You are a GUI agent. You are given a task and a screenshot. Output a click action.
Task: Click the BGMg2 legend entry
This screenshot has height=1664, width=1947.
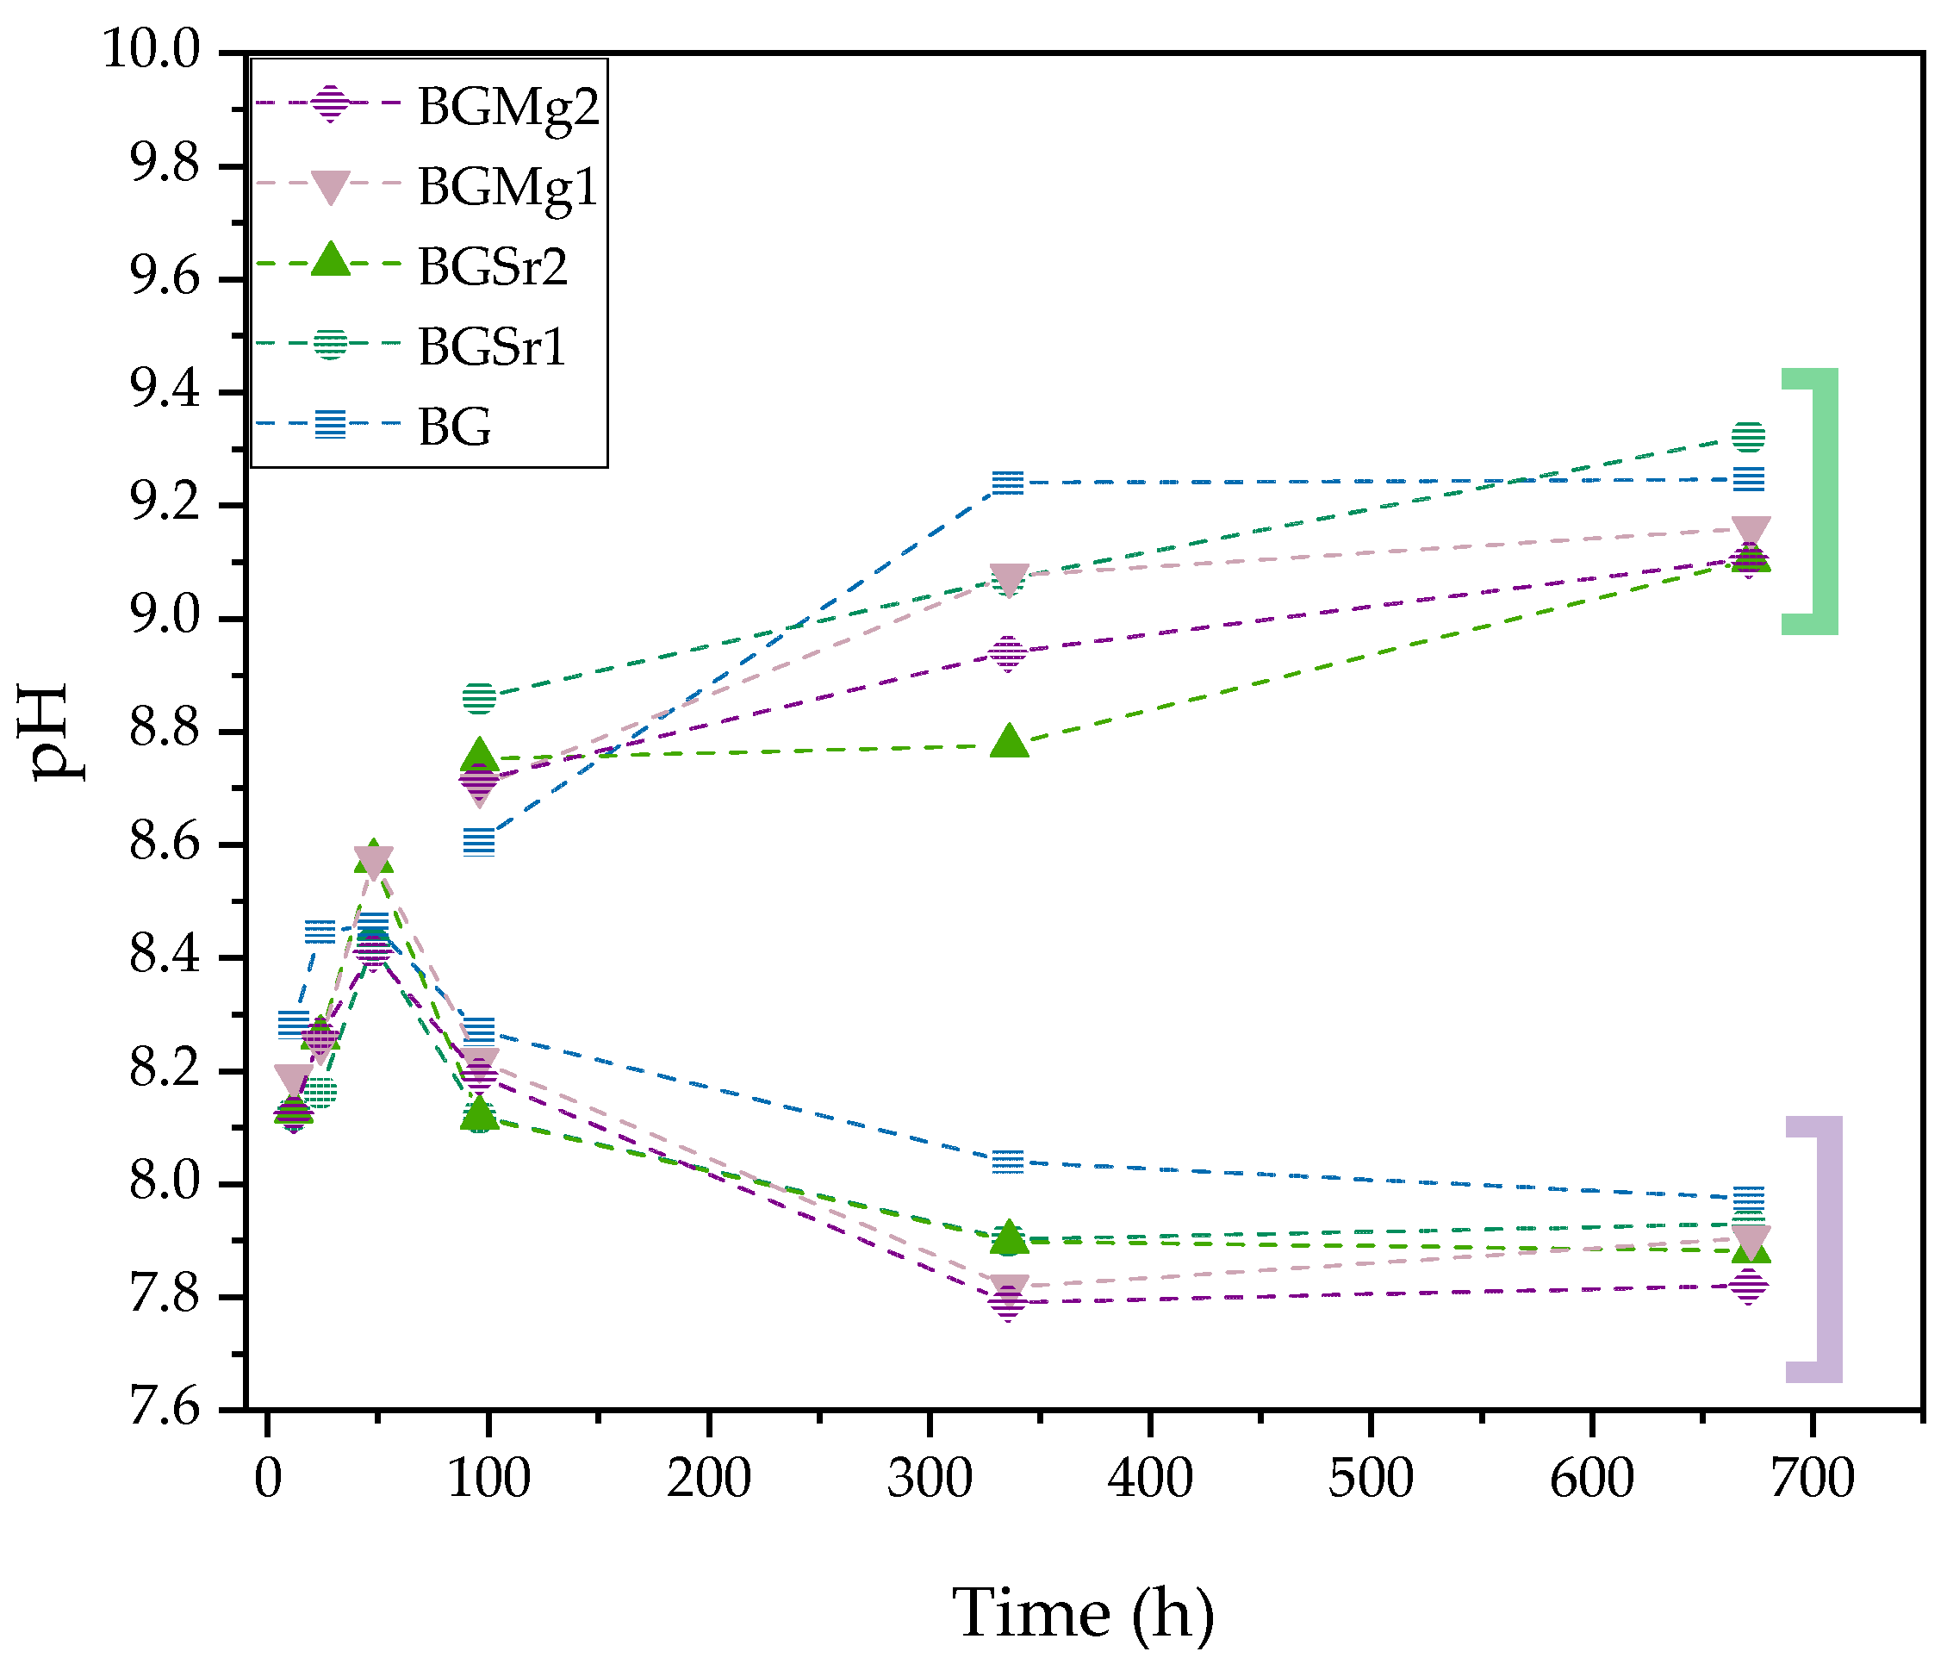tap(507, 107)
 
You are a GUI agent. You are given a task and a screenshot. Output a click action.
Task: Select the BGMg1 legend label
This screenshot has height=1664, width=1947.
tap(507, 187)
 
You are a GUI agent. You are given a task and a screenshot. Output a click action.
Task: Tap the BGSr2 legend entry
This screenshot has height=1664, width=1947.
tap(493, 267)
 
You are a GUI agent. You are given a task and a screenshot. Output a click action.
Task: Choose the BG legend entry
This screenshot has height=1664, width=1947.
tap(455, 427)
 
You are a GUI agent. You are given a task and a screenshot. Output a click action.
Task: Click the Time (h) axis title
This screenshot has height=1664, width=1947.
tap(1084, 1613)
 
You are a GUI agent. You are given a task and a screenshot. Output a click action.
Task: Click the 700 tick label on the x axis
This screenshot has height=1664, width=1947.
tap(1813, 1477)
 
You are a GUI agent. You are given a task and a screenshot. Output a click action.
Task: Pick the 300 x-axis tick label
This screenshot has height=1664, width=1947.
tap(930, 1477)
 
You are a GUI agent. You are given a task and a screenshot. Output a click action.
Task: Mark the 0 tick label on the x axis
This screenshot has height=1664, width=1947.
tap(268, 1477)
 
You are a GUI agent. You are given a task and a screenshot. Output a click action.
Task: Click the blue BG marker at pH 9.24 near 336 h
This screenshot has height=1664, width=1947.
tap(1007, 483)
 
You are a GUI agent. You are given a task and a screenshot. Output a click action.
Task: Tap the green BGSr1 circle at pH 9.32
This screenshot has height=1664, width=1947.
tap(1748, 437)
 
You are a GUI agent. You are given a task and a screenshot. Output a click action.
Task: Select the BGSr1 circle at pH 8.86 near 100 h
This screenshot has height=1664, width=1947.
tap(479, 697)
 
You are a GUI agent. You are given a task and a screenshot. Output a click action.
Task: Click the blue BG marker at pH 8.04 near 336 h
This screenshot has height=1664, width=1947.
tap(1007, 1162)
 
